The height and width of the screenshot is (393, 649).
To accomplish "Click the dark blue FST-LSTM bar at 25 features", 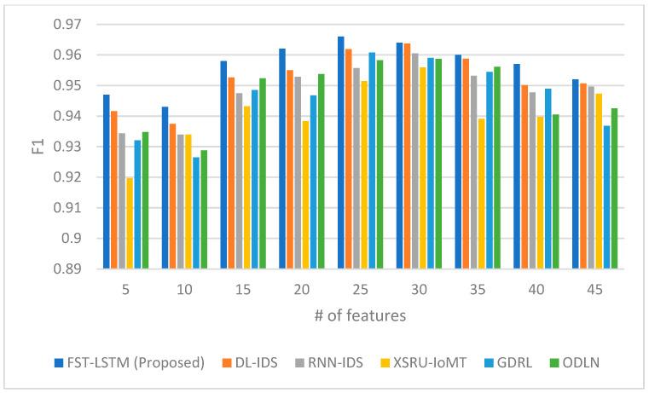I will (x=341, y=153).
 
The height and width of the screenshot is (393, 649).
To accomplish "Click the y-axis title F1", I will (x=25, y=147).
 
